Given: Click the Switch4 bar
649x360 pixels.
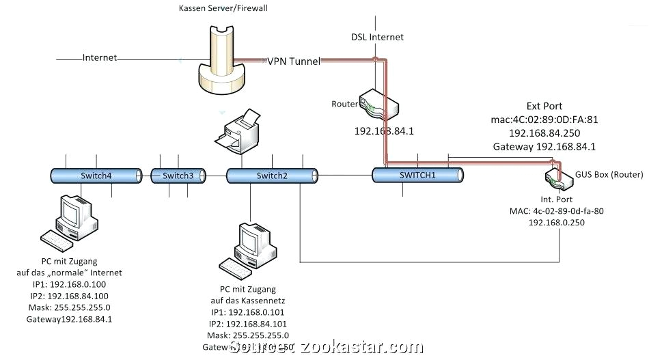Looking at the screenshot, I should click(x=96, y=176).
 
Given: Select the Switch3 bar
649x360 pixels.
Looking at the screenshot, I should click(x=178, y=176).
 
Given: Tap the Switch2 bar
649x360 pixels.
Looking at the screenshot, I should click(x=272, y=176).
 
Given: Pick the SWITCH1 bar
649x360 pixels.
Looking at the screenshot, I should click(x=418, y=175).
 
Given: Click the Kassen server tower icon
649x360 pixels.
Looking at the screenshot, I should click(x=221, y=58).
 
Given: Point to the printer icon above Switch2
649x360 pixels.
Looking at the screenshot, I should click(x=236, y=133).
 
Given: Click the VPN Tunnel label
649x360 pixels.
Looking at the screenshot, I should click(x=294, y=61).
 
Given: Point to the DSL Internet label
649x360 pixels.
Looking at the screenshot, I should click(x=377, y=37).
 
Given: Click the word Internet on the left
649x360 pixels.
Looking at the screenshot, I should click(x=100, y=57).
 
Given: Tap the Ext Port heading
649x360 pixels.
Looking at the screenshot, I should click(x=544, y=106).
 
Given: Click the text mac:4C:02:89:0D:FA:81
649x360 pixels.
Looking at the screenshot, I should click(x=544, y=120).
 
